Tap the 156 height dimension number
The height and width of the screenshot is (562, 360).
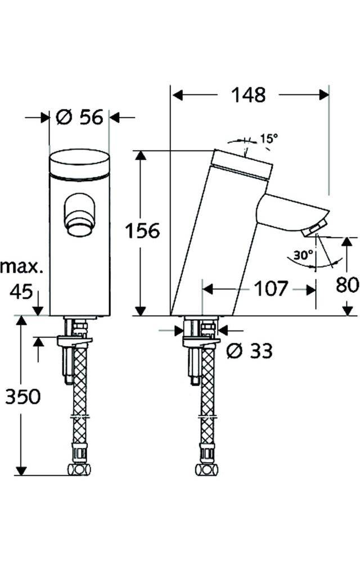(x=142, y=230)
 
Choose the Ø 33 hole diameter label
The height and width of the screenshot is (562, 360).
(x=249, y=351)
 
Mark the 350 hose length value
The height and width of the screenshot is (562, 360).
(x=23, y=397)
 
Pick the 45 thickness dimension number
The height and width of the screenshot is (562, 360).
(x=21, y=291)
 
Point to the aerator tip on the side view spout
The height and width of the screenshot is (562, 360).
(x=313, y=229)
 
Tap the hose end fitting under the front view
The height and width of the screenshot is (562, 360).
(x=79, y=469)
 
